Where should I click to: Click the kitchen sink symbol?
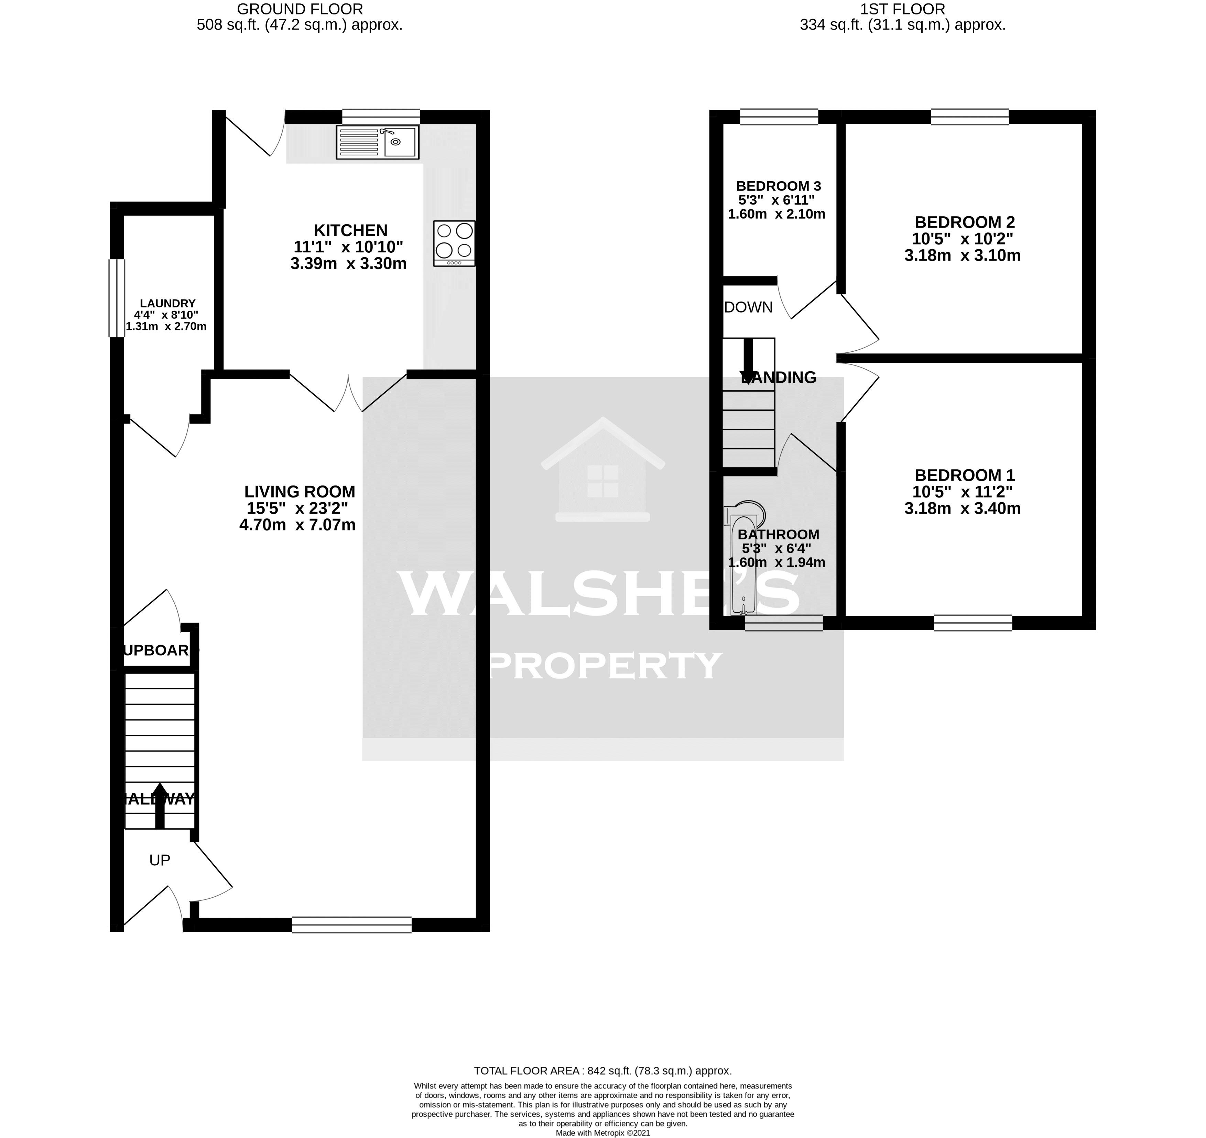377,143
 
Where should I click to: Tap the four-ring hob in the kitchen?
454,243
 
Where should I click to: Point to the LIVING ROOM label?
300,491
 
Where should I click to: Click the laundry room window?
117,298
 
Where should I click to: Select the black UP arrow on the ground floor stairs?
160,805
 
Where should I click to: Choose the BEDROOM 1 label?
964,475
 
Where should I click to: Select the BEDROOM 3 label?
778,186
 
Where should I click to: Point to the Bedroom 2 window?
969,117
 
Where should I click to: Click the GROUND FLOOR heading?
300,9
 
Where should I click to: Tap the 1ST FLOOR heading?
902,9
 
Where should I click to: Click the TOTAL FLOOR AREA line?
602,1071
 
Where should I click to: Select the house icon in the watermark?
602,470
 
